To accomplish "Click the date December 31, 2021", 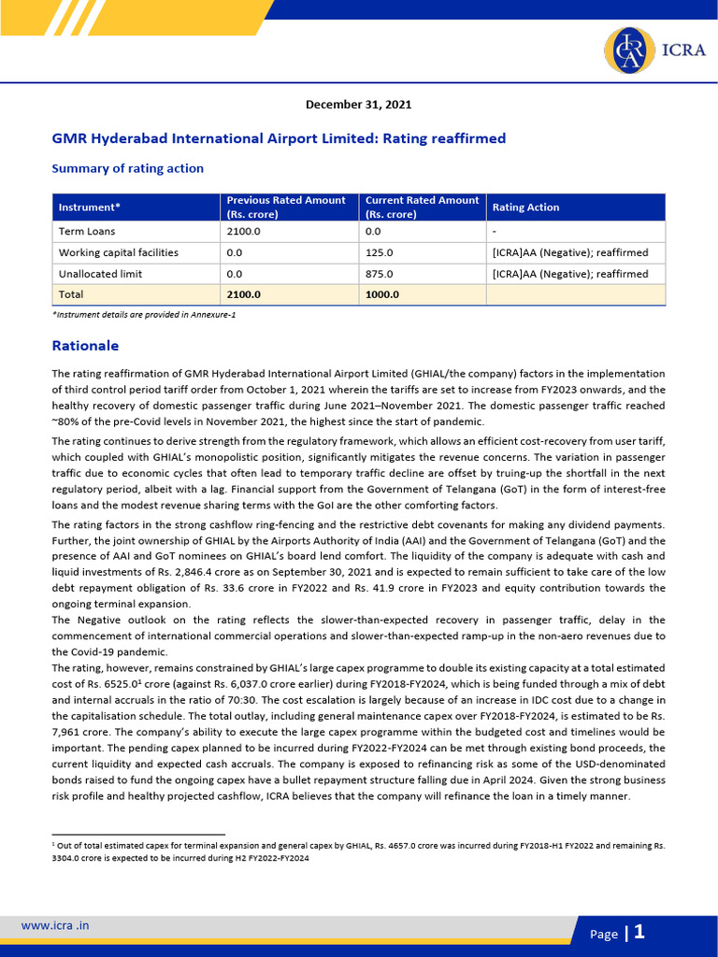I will [x=358, y=105].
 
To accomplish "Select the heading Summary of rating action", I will [x=127, y=168].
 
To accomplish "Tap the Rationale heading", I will [x=85, y=346].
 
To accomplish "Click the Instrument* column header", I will [x=90, y=207].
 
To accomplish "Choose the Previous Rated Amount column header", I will [x=286, y=207].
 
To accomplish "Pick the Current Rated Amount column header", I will [x=422, y=207].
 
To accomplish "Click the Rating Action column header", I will [x=525, y=207].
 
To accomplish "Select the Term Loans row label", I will [x=87, y=231].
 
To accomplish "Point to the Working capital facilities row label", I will [x=119, y=252].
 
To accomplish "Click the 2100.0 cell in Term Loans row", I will [x=243, y=231].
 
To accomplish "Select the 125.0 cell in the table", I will [x=379, y=252].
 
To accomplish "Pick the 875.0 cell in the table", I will [x=379, y=274].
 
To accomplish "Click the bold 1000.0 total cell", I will [x=381, y=295].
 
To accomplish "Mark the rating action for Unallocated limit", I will [x=569, y=274].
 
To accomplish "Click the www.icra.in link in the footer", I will [x=55, y=926].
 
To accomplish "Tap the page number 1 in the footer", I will [x=639, y=932].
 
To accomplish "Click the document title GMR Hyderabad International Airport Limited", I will [x=279, y=138].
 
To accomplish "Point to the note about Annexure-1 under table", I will [x=143, y=316].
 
